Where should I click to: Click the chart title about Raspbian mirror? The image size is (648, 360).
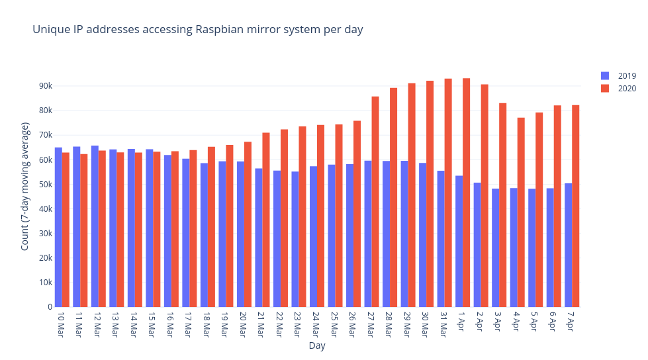(197, 30)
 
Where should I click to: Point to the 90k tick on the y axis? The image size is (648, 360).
(45, 86)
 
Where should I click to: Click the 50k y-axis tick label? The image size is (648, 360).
(45, 185)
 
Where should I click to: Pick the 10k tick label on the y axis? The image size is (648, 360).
(45, 283)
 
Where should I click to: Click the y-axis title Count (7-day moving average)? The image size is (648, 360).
(25, 186)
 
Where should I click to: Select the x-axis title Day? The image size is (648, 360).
(316, 345)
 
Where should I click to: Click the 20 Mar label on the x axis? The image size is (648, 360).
(242, 324)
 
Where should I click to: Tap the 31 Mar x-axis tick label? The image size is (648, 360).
(443, 324)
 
